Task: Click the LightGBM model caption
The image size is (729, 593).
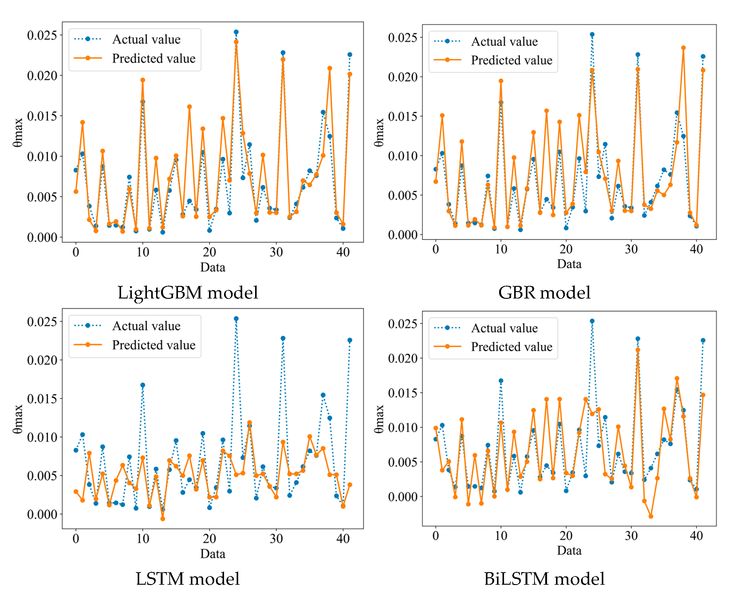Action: pyautogui.click(x=187, y=292)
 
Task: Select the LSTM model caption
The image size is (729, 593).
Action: pyautogui.click(x=187, y=579)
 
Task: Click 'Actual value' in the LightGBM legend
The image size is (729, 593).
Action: pyautogui.click(x=146, y=39)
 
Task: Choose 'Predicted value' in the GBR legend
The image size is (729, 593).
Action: pyautogui.click(x=511, y=60)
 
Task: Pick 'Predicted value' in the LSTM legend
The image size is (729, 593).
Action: pyautogui.click(x=154, y=345)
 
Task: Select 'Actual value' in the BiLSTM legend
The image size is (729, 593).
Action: pyautogui.click(x=504, y=328)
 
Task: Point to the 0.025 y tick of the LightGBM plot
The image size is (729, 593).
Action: pyautogui.click(x=42, y=35)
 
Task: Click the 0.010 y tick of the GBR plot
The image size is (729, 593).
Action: pyautogui.click(x=403, y=156)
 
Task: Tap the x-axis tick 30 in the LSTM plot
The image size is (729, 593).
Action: pyautogui.click(x=276, y=539)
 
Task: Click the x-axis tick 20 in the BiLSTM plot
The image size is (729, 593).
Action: pyautogui.click(x=566, y=536)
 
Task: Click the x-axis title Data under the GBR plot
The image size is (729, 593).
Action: pyautogui.click(x=569, y=264)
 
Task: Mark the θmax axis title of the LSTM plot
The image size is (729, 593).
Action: pyautogui.click(x=18, y=419)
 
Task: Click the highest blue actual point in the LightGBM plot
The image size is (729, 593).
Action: pyautogui.click(x=236, y=32)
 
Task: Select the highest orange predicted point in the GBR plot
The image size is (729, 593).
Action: pyautogui.click(x=683, y=48)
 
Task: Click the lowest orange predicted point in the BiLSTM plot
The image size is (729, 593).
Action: pyautogui.click(x=651, y=516)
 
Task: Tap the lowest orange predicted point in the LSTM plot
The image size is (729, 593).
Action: pyautogui.click(x=163, y=519)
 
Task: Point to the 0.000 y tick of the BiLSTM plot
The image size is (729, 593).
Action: pyautogui.click(x=403, y=497)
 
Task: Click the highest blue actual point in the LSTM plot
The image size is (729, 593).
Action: pyautogui.click(x=236, y=318)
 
